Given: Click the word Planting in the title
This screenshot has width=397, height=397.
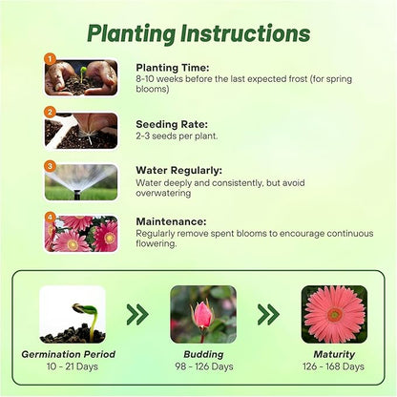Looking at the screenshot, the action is (131, 33).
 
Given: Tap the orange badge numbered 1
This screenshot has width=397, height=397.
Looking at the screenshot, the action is (50, 59).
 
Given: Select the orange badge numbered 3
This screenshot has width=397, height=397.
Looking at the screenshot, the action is (50, 166).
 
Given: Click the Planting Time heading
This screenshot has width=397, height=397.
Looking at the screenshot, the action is (173, 68).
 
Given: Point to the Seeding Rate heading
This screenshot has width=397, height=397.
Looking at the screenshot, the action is (172, 124).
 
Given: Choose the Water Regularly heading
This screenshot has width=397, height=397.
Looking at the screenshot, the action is (179, 171).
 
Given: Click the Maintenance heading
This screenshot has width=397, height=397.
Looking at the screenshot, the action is (171, 221).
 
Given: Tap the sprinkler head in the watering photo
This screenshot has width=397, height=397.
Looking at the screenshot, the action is (77, 195).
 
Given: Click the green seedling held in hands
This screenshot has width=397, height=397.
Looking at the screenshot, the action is (83, 73).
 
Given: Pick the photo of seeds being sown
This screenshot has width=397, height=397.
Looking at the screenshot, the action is (81, 131).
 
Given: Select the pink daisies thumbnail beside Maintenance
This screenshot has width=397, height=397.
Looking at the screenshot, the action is (81, 234).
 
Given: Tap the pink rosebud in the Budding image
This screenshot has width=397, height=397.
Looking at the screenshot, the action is (202, 315).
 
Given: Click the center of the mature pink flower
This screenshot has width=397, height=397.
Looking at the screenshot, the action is (335, 315).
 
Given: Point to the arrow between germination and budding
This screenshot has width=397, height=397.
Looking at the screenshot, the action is (137, 314).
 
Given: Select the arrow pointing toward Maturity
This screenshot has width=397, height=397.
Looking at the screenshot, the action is (268, 314).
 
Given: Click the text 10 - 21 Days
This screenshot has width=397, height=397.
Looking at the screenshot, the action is (73, 366).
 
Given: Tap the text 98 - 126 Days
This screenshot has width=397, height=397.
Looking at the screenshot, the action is (204, 366).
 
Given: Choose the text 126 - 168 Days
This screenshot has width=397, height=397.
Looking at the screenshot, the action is (333, 366).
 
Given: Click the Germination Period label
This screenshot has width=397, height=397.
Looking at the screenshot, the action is (69, 354).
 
